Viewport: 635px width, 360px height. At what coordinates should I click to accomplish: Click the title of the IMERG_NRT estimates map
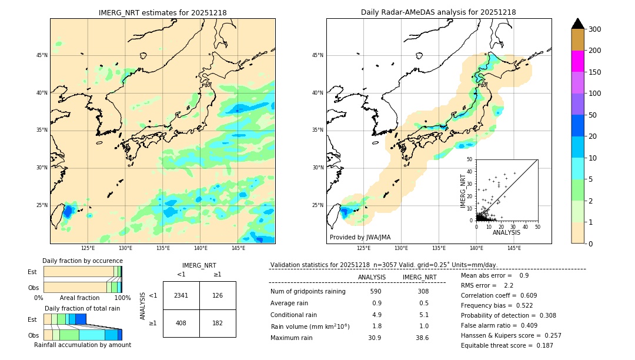tap(162, 12)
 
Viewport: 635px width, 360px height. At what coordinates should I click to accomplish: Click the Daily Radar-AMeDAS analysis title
tap(439, 12)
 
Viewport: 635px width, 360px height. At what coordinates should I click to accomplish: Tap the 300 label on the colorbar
tap(594, 29)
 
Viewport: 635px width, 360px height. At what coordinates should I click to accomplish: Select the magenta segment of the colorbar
tap(578, 61)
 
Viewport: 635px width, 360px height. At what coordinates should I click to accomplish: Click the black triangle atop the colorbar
tap(578, 24)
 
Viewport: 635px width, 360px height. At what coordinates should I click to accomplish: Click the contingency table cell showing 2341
tap(181, 295)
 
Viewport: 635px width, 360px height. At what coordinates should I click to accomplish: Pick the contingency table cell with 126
tap(218, 295)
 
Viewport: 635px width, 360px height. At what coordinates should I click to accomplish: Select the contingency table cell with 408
tap(181, 323)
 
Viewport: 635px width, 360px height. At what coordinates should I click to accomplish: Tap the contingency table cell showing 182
tap(218, 323)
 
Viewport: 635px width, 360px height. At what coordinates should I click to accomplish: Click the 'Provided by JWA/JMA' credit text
tap(360, 237)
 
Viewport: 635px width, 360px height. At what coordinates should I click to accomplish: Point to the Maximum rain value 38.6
tap(422, 338)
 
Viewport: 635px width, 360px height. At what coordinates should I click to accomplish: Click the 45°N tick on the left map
tap(42, 55)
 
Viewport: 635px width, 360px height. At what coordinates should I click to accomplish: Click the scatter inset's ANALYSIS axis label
tap(506, 232)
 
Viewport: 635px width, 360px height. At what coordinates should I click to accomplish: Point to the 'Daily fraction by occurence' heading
tap(82, 261)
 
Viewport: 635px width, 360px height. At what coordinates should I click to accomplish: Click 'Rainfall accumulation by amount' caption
tap(82, 345)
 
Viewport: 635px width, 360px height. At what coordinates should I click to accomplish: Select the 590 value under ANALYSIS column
tap(376, 291)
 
